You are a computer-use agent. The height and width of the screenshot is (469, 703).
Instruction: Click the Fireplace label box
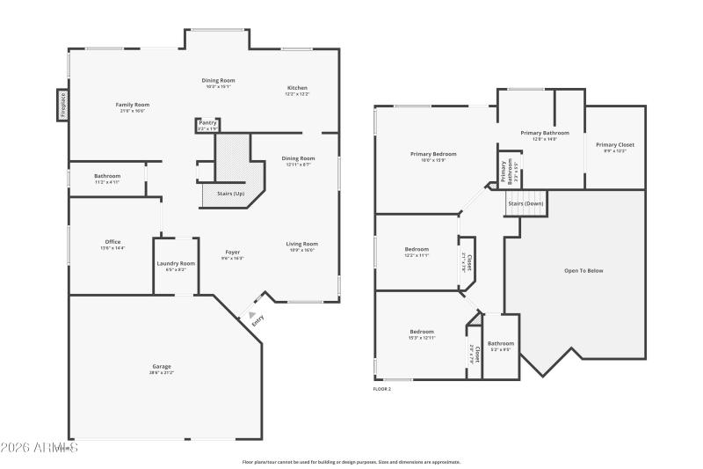pos(62,105)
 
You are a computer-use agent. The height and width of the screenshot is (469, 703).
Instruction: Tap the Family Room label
pos(132,105)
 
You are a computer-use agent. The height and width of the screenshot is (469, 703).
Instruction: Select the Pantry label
pos(207,123)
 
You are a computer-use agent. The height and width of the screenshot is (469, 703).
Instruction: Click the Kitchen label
pos(297,88)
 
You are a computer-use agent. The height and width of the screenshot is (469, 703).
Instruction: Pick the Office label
pos(112,242)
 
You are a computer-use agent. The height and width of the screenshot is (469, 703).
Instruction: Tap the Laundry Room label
pos(176,264)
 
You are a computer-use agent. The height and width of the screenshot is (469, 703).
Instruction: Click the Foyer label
pos(232,253)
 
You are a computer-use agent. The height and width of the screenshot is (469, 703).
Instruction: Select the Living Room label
pos(301,244)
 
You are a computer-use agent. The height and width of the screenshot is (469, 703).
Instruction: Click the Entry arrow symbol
pos(252,314)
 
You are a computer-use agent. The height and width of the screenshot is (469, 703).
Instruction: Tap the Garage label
pos(162,366)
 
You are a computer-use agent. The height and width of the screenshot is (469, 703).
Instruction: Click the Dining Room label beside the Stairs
pos(299,158)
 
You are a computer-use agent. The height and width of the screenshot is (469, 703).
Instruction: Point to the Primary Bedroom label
pos(433,154)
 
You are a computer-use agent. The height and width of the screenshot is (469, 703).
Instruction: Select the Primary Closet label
pos(614,145)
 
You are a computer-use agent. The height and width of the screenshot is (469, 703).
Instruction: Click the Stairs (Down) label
pos(525,203)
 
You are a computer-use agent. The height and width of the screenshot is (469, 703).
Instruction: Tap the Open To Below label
pos(583,270)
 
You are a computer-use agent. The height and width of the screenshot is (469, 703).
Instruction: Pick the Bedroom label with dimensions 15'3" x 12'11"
pos(421,335)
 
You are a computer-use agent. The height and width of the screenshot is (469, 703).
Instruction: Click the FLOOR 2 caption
pos(382,388)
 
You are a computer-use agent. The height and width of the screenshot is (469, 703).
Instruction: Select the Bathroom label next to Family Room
pos(107,176)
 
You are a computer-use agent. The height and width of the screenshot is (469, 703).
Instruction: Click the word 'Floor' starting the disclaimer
pos(248,462)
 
